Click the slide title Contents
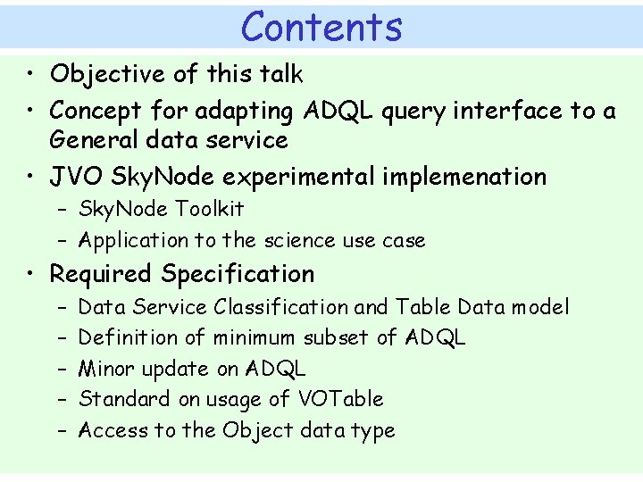(x=321, y=26)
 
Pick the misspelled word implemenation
(x=463, y=177)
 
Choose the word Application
(x=133, y=240)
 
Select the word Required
(x=102, y=274)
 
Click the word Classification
(x=280, y=307)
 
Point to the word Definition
(x=128, y=337)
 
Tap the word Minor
(x=106, y=369)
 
